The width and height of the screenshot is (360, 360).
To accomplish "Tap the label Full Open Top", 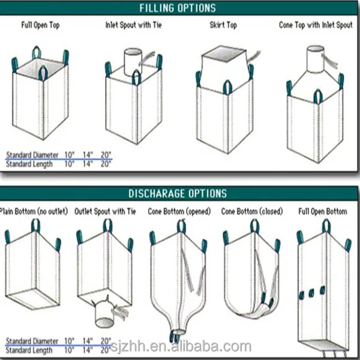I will [40, 26].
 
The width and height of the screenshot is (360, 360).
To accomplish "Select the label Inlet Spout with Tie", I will [134, 26].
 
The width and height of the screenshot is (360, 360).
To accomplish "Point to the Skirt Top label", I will [223, 26].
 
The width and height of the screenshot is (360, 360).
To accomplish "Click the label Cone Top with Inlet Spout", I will [316, 26].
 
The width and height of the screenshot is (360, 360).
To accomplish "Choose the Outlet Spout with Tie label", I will [105, 212].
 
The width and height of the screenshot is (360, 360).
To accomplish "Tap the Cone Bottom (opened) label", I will [179, 212].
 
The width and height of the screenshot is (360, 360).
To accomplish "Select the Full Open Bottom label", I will [323, 212].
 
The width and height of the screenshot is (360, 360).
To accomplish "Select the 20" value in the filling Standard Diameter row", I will [106, 155].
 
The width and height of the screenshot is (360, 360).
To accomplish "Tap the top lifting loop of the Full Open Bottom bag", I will [325, 225].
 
